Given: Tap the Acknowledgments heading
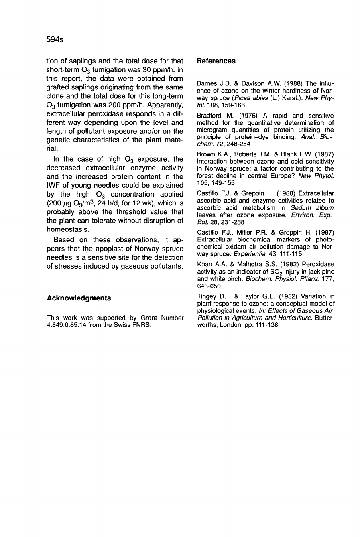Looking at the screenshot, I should pyautogui.click(x=79, y=298).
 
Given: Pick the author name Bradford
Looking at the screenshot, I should pyautogui.click(x=207, y=116).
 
